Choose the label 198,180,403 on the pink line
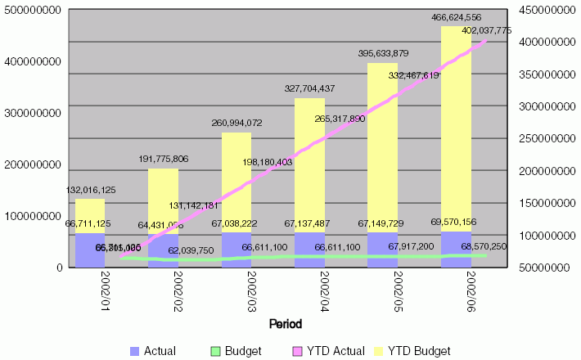click(x=280, y=162)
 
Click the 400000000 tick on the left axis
click(x=34, y=61)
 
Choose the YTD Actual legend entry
click(x=336, y=351)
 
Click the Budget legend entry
click(x=243, y=351)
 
